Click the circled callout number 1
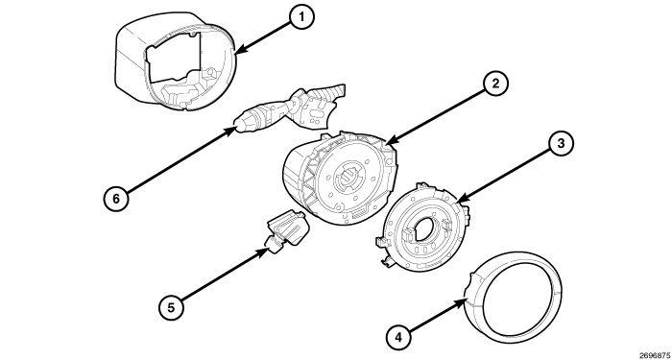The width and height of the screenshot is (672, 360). coord(300,18)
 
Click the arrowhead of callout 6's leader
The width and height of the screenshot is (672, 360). coord(236,125)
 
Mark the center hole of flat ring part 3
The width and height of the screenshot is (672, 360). coord(422,229)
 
